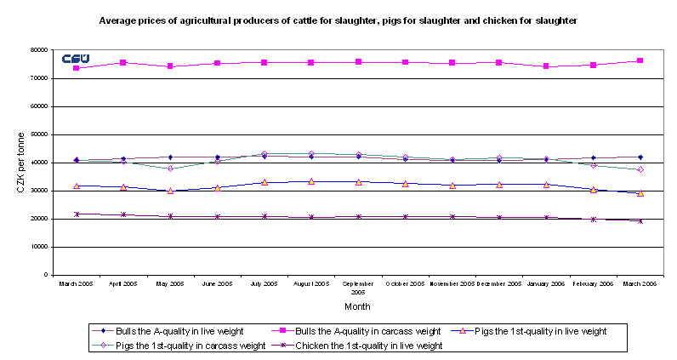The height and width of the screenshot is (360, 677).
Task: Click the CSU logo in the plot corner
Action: tap(76, 58)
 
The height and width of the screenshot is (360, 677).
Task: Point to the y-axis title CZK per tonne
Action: tap(20, 162)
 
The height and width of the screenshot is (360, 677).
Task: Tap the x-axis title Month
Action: tap(357, 306)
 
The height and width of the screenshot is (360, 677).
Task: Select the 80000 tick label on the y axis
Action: tap(37, 50)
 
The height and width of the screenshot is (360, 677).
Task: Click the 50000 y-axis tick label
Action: tap(37, 134)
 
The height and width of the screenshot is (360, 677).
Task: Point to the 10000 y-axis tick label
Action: tap(37, 247)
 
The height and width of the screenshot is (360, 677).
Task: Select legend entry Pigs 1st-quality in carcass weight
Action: tap(200, 346)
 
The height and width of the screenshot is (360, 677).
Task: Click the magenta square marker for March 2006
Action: tap(640, 60)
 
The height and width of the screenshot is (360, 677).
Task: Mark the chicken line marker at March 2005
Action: tap(77, 214)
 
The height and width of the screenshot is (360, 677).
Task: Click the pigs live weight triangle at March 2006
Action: tap(640, 193)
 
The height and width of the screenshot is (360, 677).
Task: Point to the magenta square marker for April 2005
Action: tap(123, 62)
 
